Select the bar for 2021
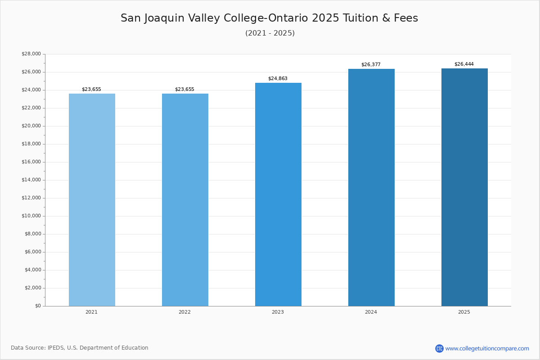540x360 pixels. click(92, 200)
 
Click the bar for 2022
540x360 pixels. click(185, 200)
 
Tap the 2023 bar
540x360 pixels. click(278, 194)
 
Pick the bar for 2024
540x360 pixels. click(371, 188)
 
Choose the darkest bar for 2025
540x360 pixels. click(464, 187)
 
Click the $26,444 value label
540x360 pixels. click(464, 64)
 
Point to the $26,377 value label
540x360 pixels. click(371, 65)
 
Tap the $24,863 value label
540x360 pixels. click(278, 79)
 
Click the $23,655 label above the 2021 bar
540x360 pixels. click(91, 90)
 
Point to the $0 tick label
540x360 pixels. click(38, 306)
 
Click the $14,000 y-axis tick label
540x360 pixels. click(31, 180)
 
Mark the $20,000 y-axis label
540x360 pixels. click(31, 126)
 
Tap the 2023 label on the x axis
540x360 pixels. click(278, 312)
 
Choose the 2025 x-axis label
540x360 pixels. click(464, 312)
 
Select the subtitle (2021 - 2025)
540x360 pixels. click(270, 33)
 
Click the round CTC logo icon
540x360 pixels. click(439, 348)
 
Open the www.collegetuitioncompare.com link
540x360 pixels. click(487, 349)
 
